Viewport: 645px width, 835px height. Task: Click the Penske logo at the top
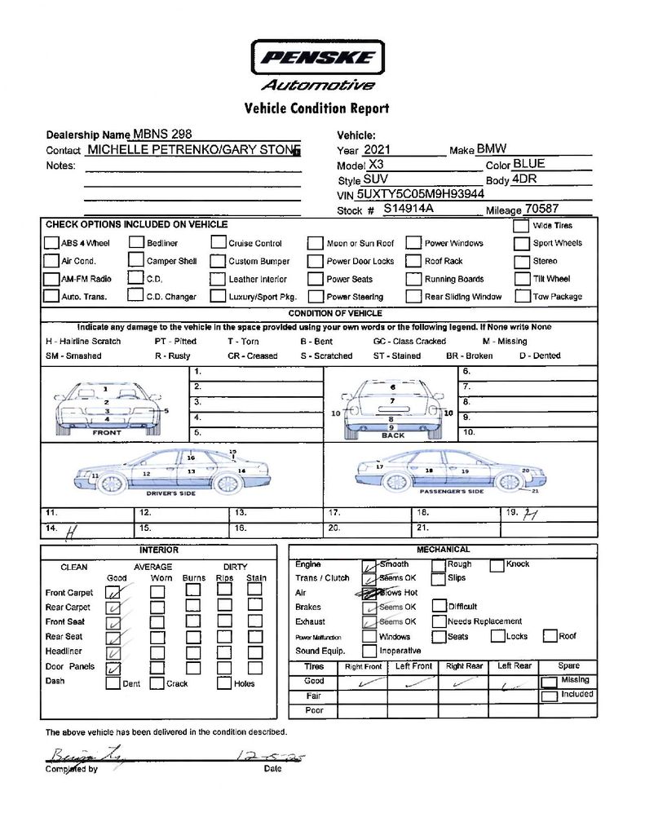pos(317,58)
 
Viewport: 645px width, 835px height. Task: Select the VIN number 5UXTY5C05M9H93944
pos(421,194)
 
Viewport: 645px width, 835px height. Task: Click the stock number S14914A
pos(409,209)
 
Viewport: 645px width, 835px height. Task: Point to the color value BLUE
pos(529,164)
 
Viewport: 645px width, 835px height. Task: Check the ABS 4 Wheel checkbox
pos(51,243)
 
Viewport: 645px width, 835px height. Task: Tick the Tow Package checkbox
pos(522,296)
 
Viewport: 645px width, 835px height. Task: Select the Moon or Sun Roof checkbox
pos(316,243)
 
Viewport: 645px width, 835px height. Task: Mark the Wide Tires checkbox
pos(522,226)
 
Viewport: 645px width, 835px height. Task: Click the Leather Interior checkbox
pos(218,279)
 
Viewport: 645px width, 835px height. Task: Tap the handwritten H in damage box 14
pos(70,530)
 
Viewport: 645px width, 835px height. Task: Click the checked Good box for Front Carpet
pos(115,592)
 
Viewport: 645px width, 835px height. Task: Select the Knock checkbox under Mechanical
pos(497,564)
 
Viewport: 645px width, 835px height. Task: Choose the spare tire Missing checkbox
pos(550,681)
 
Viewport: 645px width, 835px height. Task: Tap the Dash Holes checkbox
pos(223,683)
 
